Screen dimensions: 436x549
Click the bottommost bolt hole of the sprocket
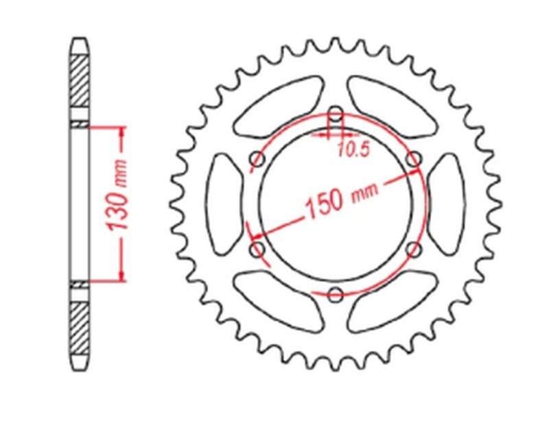336,295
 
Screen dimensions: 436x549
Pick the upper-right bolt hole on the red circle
413,160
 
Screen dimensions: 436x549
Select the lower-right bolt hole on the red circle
413,249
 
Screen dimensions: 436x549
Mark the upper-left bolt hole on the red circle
258,161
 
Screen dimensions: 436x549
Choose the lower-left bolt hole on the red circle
258,249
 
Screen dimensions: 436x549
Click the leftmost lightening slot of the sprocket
224,204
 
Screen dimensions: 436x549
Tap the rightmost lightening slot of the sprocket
447,204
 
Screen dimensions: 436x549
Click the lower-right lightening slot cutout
392,301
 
